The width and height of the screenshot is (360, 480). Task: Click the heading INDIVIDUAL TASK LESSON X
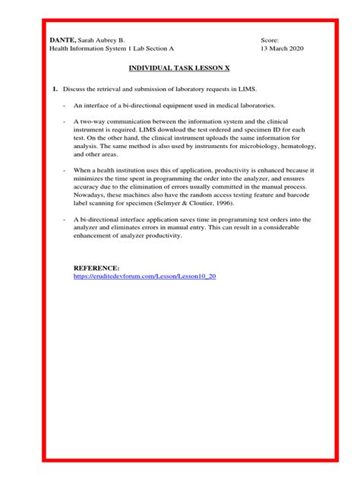(x=178, y=68)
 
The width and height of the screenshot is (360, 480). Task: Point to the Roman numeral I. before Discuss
(x=55, y=90)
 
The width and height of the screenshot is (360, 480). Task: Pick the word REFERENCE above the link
(x=96, y=268)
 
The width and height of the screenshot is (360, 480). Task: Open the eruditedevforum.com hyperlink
(x=144, y=276)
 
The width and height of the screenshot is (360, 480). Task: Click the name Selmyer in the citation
(x=182, y=203)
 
